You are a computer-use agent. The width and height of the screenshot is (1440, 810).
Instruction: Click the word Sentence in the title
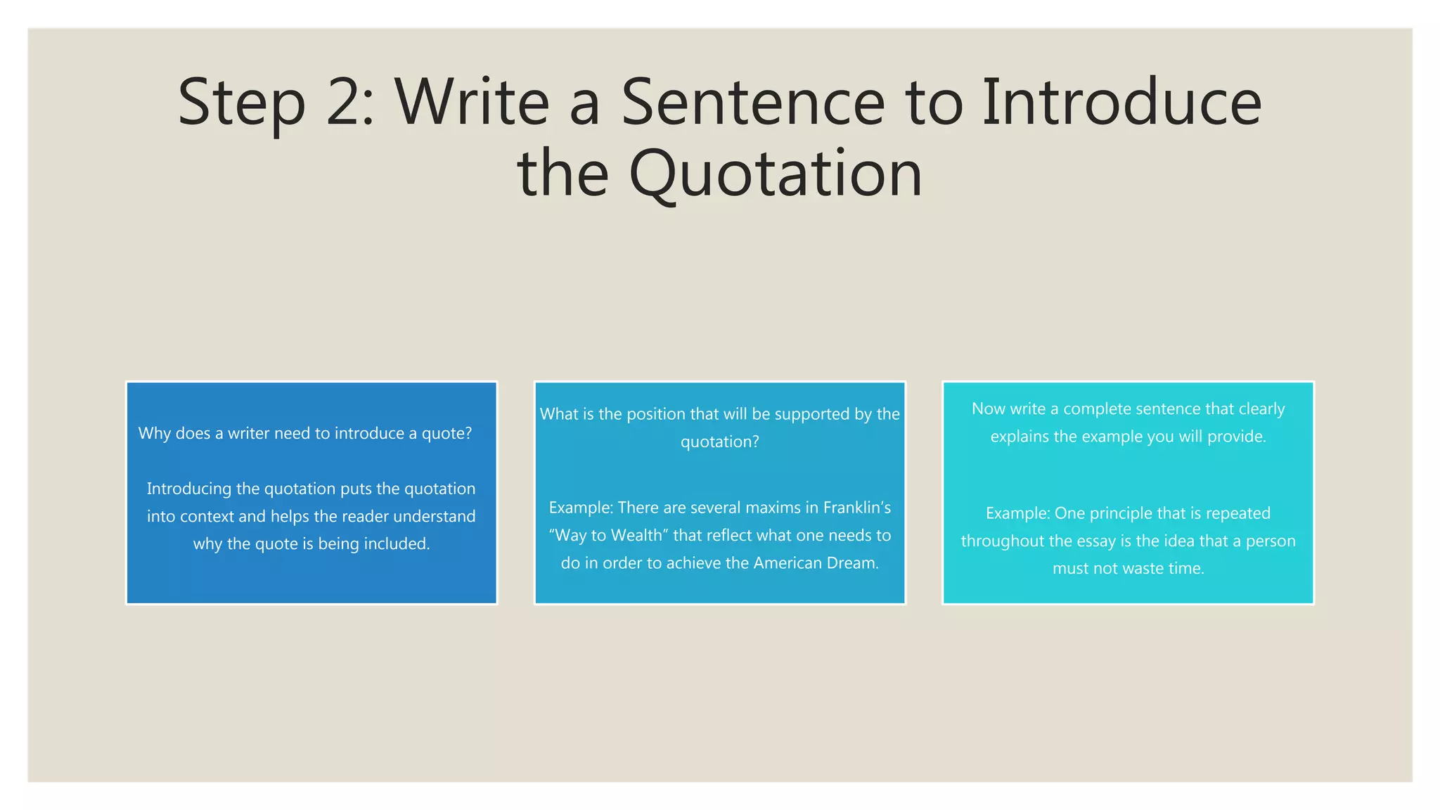(752, 103)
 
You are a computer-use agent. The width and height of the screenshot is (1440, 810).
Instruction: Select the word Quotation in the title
(775, 174)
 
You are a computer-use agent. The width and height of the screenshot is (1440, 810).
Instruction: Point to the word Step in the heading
(241, 104)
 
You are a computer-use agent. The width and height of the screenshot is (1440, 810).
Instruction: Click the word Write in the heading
(472, 103)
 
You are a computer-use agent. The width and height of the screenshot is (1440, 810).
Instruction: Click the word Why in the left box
(155, 434)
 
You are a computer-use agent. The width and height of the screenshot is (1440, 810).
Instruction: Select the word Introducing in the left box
(188, 489)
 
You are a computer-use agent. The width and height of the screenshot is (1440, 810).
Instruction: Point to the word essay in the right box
(1095, 541)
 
